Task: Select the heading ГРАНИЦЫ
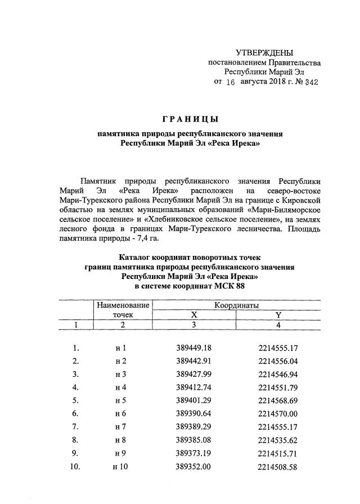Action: pos(190,119)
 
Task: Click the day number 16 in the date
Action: pos(229,82)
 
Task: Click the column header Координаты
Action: pos(236,305)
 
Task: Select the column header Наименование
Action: pos(123,305)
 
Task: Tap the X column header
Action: pos(194,315)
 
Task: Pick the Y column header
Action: pos(278,315)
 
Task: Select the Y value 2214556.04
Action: pos(278,361)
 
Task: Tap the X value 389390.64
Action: pos(193,413)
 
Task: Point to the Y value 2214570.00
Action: pos(278,413)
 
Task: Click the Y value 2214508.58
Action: pos(278,466)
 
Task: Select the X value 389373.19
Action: pos(193,453)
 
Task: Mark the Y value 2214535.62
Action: pos(278,440)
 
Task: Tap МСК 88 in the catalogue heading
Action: pos(228,287)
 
